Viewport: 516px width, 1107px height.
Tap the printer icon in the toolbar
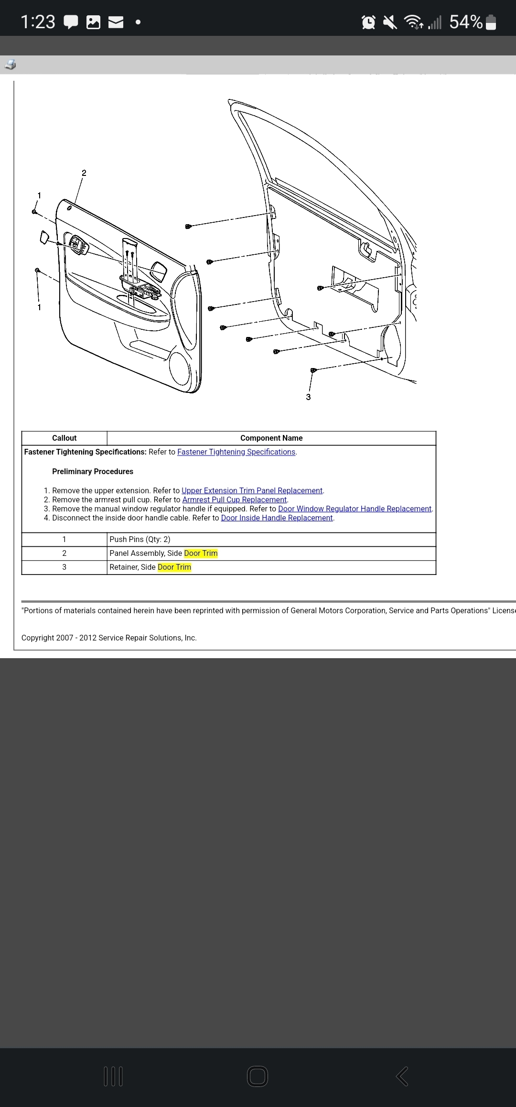[10, 65]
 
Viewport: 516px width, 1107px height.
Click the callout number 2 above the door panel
[84, 173]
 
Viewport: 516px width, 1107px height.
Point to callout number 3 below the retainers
[308, 397]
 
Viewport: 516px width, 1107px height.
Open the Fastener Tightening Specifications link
[236, 452]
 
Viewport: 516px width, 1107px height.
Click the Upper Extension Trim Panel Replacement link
[252, 491]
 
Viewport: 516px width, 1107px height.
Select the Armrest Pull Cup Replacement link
[234, 500]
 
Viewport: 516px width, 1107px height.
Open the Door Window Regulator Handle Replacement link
[355, 509]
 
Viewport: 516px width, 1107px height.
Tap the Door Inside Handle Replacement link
[277, 518]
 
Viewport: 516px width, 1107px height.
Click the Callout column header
[64, 438]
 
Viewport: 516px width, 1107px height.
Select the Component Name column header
[271, 438]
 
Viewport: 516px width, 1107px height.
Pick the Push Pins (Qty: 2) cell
[140, 540]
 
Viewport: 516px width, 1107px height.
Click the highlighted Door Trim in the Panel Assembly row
[201, 553]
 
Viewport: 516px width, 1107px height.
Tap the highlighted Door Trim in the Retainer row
[174, 567]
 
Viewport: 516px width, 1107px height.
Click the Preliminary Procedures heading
[93, 472]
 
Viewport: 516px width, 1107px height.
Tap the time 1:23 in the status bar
[38, 22]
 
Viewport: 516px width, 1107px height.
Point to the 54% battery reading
[466, 22]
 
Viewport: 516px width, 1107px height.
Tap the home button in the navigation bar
[258, 1076]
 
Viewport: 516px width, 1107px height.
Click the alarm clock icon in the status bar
[368, 22]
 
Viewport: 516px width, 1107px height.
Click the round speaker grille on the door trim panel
[180, 369]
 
